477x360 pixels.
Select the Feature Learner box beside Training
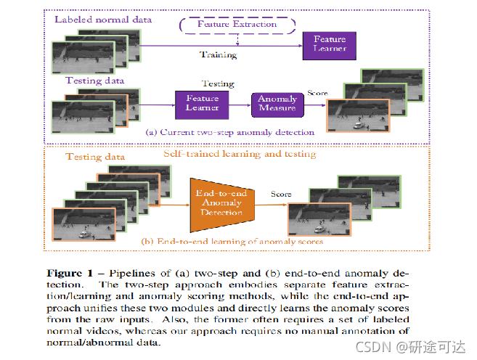pyautogui.click(x=329, y=43)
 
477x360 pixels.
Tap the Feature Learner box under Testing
pyautogui.click(x=203, y=103)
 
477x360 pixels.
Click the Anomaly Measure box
pyautogui.click(x=277, y=104)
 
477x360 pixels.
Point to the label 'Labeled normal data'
pyautogui.click(x=103, y=19)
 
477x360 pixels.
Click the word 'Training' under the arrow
pyautogui.click(x=218, y=55)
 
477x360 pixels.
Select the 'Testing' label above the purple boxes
pyautogui.click(x=217, y=83)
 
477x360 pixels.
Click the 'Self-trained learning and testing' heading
pyautogui.click(x=239, y=154)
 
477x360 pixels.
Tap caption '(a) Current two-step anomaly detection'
pyautogui.click(x=229, y=133)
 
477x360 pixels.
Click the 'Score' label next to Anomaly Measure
pyautogui.click(x=317, y=93)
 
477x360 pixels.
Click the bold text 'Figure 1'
pyautogui.click(x=70, y=274)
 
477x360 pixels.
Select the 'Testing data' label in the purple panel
pyautogui.click(x=95, y=81)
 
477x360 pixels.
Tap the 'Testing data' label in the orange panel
pyautogui.click(x=95, y=157)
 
